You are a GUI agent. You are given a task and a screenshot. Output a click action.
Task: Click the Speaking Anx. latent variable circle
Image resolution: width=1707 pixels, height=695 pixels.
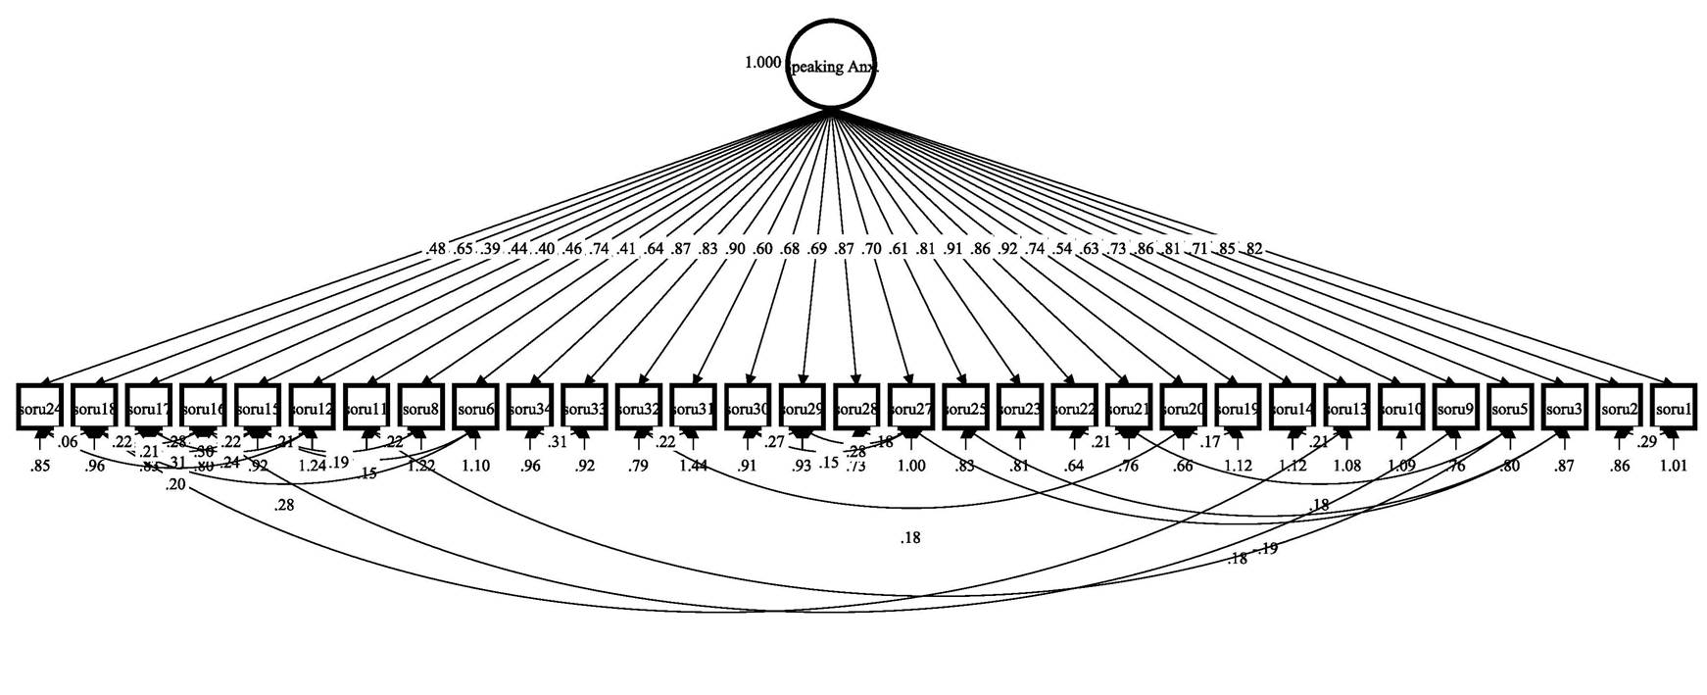point(830,64)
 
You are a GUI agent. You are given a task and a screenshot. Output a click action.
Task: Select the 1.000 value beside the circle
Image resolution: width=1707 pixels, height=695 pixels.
point(762,63)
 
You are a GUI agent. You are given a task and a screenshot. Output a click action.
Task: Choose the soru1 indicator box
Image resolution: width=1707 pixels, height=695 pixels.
point(1674,407)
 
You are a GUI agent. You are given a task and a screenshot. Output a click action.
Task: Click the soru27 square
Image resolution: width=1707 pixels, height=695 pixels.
point(911,407)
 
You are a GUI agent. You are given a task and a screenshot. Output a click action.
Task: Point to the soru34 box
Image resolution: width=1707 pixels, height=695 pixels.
point(530,407)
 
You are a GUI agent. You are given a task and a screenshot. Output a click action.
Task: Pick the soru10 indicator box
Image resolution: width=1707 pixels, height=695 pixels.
point(1401,407)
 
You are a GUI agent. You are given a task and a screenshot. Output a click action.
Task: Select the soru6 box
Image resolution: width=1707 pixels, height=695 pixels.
point(475,407)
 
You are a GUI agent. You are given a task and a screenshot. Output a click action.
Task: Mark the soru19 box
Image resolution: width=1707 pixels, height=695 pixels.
point(1238,407)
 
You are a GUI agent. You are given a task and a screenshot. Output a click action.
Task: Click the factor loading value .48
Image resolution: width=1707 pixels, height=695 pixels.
point(437,250)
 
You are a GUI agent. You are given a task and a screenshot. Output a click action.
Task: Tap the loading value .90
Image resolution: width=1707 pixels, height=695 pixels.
point(735,250)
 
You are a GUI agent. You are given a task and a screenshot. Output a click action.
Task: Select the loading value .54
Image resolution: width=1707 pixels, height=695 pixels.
point(1061,250)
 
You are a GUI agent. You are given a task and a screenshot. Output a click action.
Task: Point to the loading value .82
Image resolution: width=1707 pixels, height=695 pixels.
point(1253,250)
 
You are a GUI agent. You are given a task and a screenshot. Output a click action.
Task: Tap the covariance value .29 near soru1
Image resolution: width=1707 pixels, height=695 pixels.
point(1647,442)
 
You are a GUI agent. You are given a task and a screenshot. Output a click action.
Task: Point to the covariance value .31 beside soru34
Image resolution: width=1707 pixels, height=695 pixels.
point(558,442)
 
